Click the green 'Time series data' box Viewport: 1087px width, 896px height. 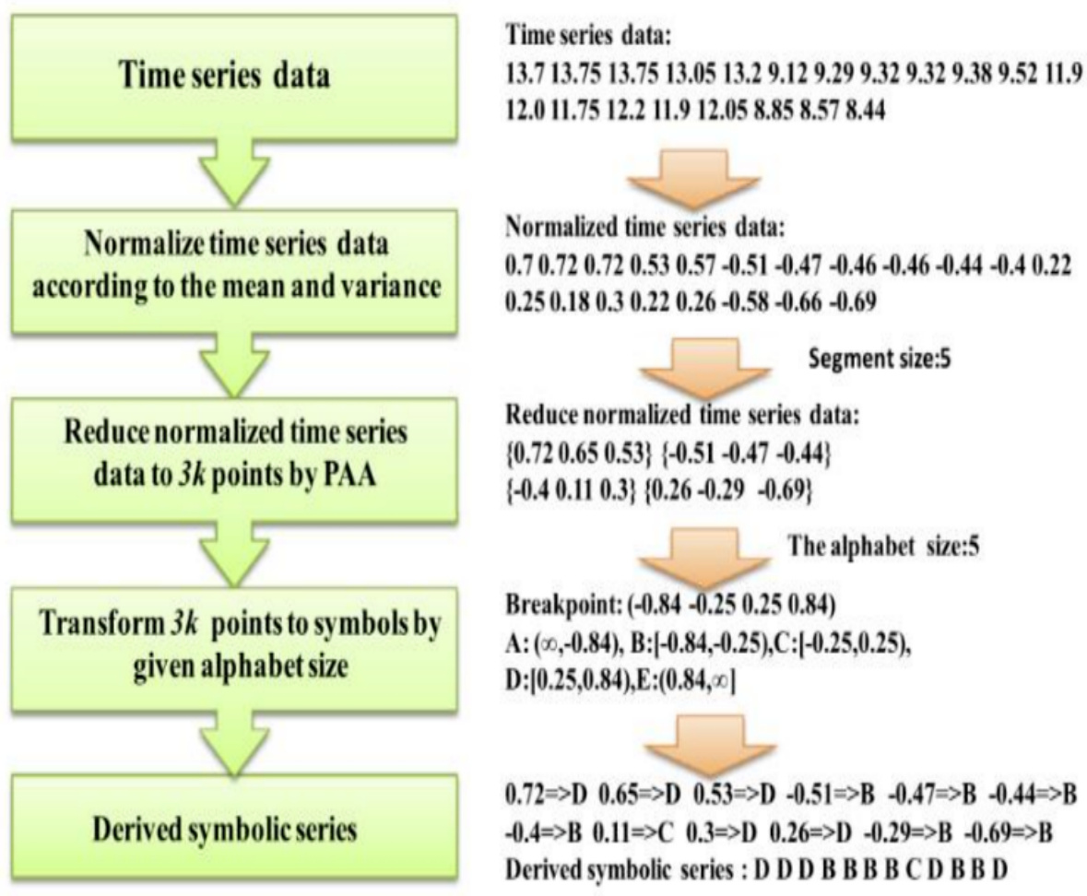(233, 77)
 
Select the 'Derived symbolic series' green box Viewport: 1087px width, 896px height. (233, 829)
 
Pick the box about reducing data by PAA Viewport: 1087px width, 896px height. (233, 454)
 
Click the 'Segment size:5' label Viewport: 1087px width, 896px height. (879, 360)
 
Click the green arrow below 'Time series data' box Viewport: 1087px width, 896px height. (233, 173)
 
